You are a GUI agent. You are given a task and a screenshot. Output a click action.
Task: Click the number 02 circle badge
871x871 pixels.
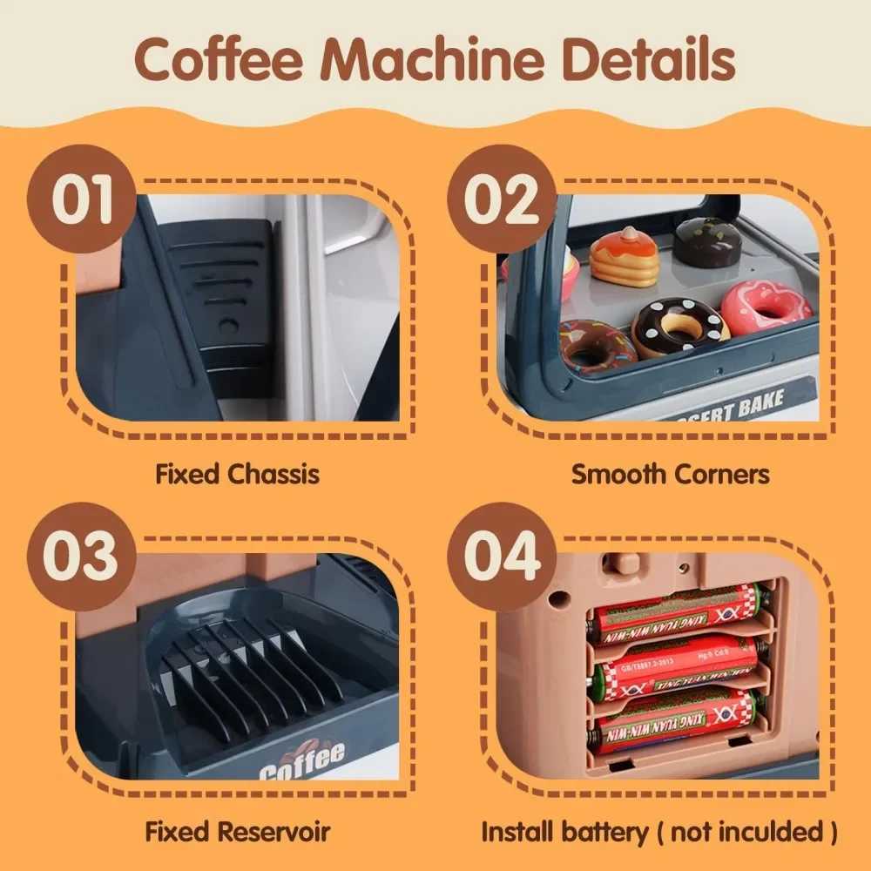point(500,199)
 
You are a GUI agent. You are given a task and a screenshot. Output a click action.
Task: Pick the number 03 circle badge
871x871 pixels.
point(80,555)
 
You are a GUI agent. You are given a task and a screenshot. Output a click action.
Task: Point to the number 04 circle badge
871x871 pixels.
point(500,555)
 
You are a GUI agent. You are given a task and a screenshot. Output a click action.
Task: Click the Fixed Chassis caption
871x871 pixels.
point(237,475)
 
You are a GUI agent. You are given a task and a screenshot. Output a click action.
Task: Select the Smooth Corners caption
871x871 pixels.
point(671,475)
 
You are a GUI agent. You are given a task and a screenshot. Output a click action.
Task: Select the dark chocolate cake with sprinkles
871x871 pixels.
point(708,242)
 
